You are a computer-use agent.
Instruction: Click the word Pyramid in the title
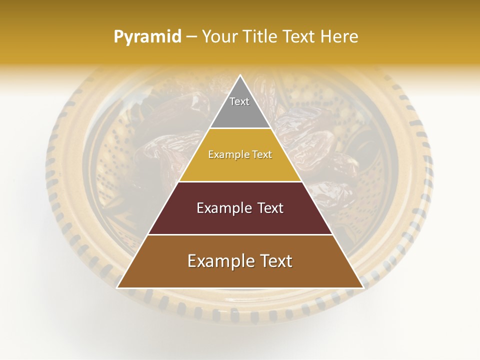click(147, 37)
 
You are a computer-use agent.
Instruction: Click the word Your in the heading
click(219, 36)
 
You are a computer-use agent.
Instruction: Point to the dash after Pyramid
click(191, 37)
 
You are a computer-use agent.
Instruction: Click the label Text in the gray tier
click(239, 101)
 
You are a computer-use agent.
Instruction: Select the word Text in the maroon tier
click(270, 208)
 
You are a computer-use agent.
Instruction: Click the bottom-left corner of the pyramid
click(117, 287)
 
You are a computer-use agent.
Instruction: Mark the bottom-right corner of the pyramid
click(362, 287)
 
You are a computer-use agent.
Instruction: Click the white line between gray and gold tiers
click(240, 128)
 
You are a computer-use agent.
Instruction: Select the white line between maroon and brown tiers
click(240, 234)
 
